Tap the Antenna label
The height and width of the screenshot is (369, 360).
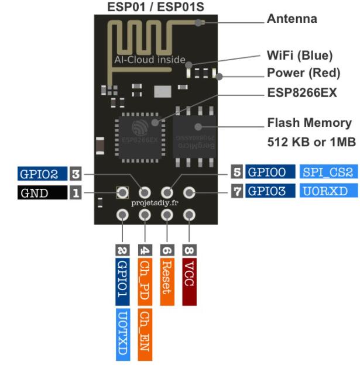(x=292, y=19)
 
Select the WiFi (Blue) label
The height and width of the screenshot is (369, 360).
(x=299, y=56)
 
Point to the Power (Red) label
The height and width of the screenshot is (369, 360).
(x=304, y=74)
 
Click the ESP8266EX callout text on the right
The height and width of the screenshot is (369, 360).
(x=302, y=93)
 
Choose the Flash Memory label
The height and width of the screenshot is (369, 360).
(x=309, y=123)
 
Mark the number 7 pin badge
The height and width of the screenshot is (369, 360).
(x=238, y=191)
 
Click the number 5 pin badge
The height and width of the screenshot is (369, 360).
(x=237, y=172)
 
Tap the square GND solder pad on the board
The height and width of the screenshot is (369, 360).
(x=122, y=192)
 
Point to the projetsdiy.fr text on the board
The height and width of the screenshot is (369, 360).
(x=156, y=204)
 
